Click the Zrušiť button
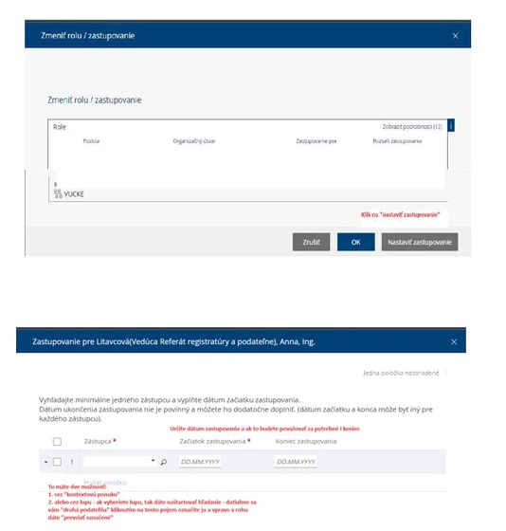pyautogui.click(x=311, y=242)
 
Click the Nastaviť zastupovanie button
pyautogui.click(x=421, y=242)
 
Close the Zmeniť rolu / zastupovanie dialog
pyautogui.click(x=455, y=35)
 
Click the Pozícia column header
pyautogui.click(x=91, y=140)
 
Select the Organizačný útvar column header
pyautogui.click(x=193, y=140)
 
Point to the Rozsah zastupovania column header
pyautogui.click(x=397, y=140)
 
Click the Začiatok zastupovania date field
pyautogui.click(x=200, y=462)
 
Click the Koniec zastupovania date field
pyautogui.click(x=296, y=462)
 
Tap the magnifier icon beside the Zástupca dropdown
pyautogui.click(x=163, y=462)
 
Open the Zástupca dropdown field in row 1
pyautogui.click(x=119, y=462)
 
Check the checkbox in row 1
pyautogui.click(x=57, y=462)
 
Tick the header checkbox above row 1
pyautogui.click(x=57, y=442)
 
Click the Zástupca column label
pyautogui.click(x=99, y=441)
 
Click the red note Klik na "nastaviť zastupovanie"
pyautogui.click(x=400, y=215)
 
